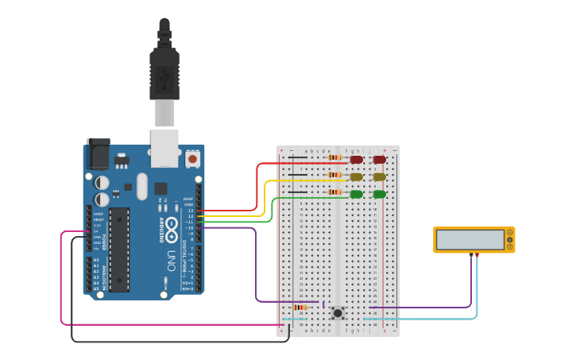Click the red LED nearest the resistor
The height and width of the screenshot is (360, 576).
[x=357, y=160]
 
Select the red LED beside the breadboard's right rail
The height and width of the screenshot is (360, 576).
[x=379, y=160]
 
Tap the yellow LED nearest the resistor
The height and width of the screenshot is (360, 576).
[x=357, y=177]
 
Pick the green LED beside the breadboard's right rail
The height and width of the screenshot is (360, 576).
[x=379, y=194]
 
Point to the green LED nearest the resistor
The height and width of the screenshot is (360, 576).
[x=357, y=194]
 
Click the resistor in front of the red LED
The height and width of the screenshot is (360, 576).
[x=334, y=157]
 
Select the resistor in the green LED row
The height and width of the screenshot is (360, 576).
[x=334, y=192]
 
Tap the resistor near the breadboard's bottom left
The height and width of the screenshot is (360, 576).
[x=300, y=307]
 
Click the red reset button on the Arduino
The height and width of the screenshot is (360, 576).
[x=192, y=159]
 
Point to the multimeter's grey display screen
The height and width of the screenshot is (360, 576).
[x=470, y=240]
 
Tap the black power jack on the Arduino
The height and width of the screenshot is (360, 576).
[x=98, y=154]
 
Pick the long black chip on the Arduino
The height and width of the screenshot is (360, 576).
[x=119, y=249]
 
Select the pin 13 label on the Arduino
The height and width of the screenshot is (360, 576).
[x=190, y=211]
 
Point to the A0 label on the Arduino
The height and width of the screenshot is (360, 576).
[x=96, y=260]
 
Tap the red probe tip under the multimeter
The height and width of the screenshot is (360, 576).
[x=477, y=254]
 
